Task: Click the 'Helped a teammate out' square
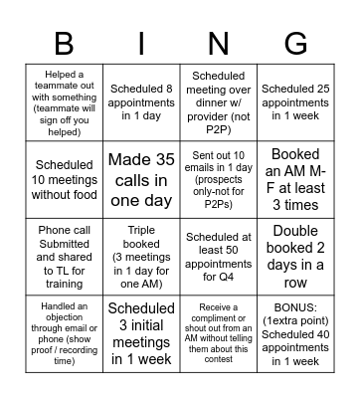tap(64, 102)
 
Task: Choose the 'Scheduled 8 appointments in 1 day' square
tap(141, 102)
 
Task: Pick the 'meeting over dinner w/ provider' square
tap(218, 102)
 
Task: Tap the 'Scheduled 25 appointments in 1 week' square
tap(295, 102)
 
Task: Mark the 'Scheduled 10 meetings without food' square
tap(64, 179)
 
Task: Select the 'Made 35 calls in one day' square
tap(141, 179)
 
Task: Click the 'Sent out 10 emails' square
tap(218, 179)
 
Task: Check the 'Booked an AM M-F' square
tap(295, 179)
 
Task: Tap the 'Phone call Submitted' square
tap(64, 256)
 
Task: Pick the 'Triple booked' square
tap(141, 256)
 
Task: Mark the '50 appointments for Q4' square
tap(218, 256)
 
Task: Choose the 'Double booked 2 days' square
tap(295, 256)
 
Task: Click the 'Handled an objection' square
tap(64, 331)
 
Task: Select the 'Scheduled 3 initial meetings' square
tap(141, 331)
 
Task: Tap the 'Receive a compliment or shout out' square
tap(218, 331)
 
